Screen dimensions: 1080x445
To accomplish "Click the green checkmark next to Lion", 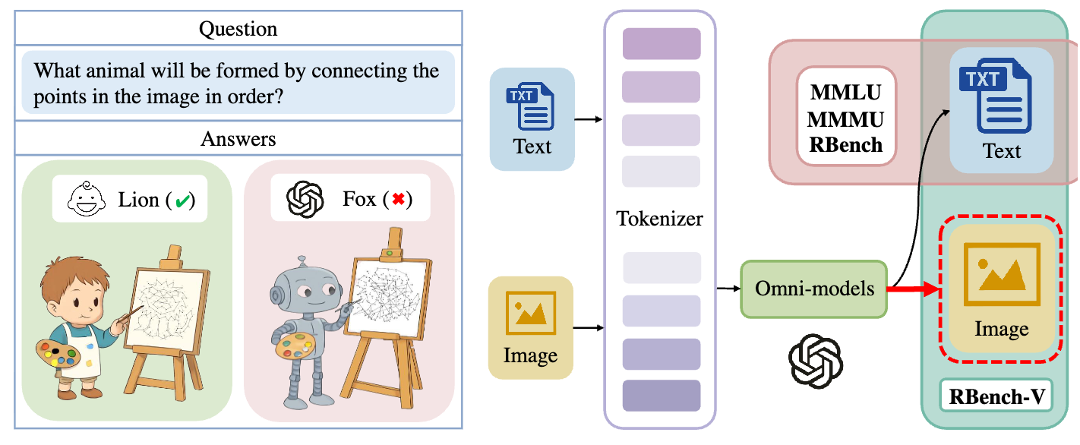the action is (x=182, y=200).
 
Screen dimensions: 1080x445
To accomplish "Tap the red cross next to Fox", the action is (x=398, y=199).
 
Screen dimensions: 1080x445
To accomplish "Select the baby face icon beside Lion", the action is (x=87, y=199).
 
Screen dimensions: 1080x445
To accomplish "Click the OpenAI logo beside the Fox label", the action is (x=305, y=199).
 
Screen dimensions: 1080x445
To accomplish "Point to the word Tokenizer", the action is (x=659, y=219).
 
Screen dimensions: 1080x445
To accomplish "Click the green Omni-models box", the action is (x=814, y=289).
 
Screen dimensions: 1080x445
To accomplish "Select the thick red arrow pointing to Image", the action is (x=914, y=289).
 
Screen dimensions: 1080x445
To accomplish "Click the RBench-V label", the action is (x=996, y=396).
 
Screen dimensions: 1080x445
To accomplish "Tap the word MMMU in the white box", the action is (x=845, y=119).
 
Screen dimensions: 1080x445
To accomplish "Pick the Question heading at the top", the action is (x=238, y=29).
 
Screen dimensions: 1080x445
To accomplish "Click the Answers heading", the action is (x=238, y=139).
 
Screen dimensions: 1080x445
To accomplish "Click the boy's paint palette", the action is (x=58, y=353).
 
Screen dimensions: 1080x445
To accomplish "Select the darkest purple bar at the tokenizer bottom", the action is (x=662, y=396).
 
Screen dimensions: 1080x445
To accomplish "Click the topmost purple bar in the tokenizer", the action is (x=662, y=44).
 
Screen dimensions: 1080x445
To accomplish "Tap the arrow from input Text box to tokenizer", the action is (x=589, y=119).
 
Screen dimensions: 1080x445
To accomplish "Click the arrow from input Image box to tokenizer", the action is (x=589, y=328).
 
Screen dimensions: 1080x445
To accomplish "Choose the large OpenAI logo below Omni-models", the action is (x=816, y=361).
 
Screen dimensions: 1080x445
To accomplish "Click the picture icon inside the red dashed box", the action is (x=1002, y=274).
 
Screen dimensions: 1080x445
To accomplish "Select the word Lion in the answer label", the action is (x=139, y=200).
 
